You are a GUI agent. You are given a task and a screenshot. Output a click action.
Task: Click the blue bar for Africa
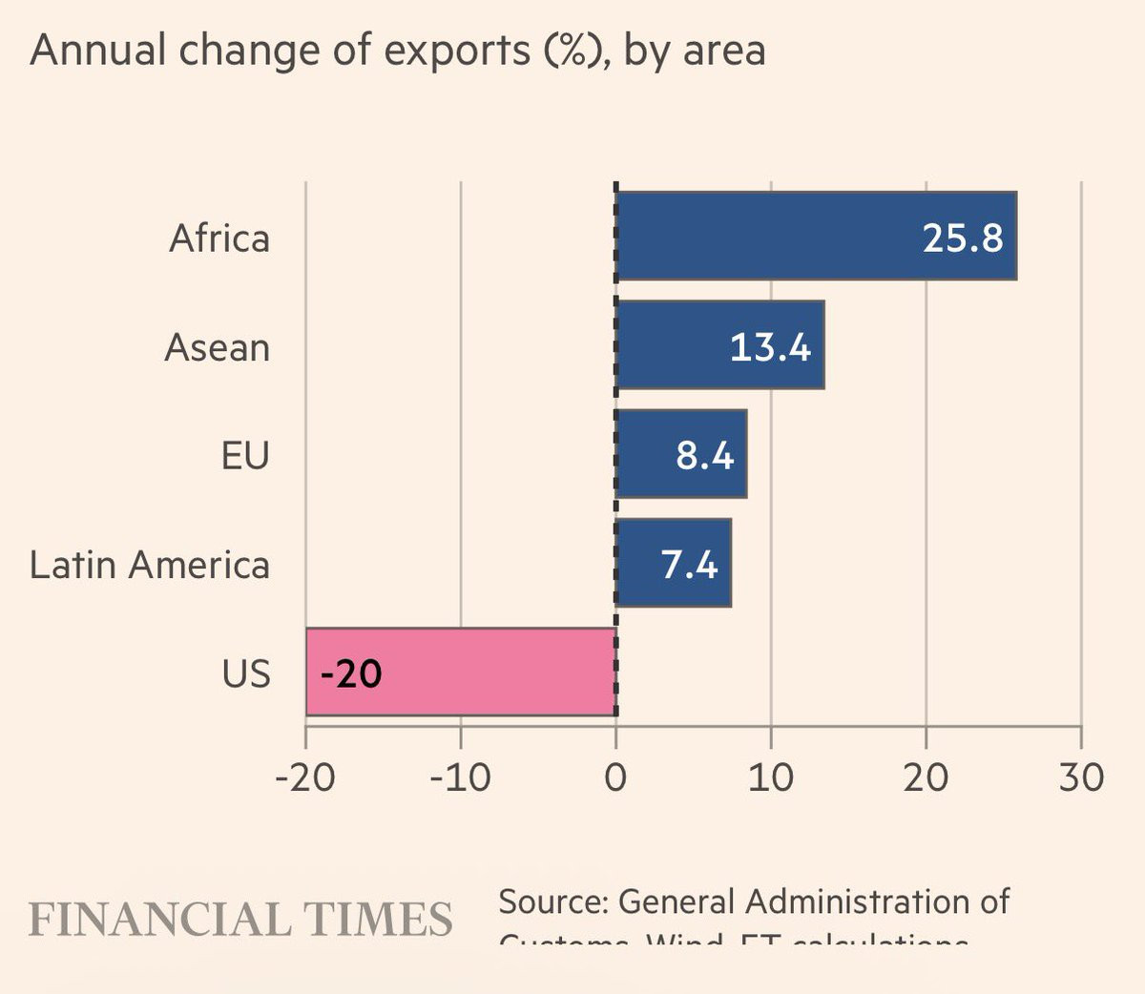click(763, 236)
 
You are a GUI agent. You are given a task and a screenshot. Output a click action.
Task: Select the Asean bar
click(668, 344)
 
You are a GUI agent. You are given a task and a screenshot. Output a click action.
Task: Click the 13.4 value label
click(770, 346)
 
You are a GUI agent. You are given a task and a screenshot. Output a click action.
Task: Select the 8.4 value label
click(705, 456)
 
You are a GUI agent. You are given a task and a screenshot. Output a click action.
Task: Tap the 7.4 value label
click(689, 565)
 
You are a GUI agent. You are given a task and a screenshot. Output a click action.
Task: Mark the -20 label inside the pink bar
click(351, 674)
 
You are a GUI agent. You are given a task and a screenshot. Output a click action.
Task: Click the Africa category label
click(219, 238)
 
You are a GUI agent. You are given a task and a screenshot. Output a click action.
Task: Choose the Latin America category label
click(150, 565)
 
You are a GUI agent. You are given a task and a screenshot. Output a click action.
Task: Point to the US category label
click(246, 673)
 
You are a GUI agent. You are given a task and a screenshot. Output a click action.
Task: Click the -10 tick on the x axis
click(460, 777)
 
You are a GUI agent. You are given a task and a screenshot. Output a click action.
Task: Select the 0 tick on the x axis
click(615, 777)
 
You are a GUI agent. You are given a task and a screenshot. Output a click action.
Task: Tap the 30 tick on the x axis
click(1080, 777)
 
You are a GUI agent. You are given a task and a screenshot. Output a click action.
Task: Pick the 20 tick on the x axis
click(926, 777)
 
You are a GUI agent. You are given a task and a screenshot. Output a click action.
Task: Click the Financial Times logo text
click(240, 920)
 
